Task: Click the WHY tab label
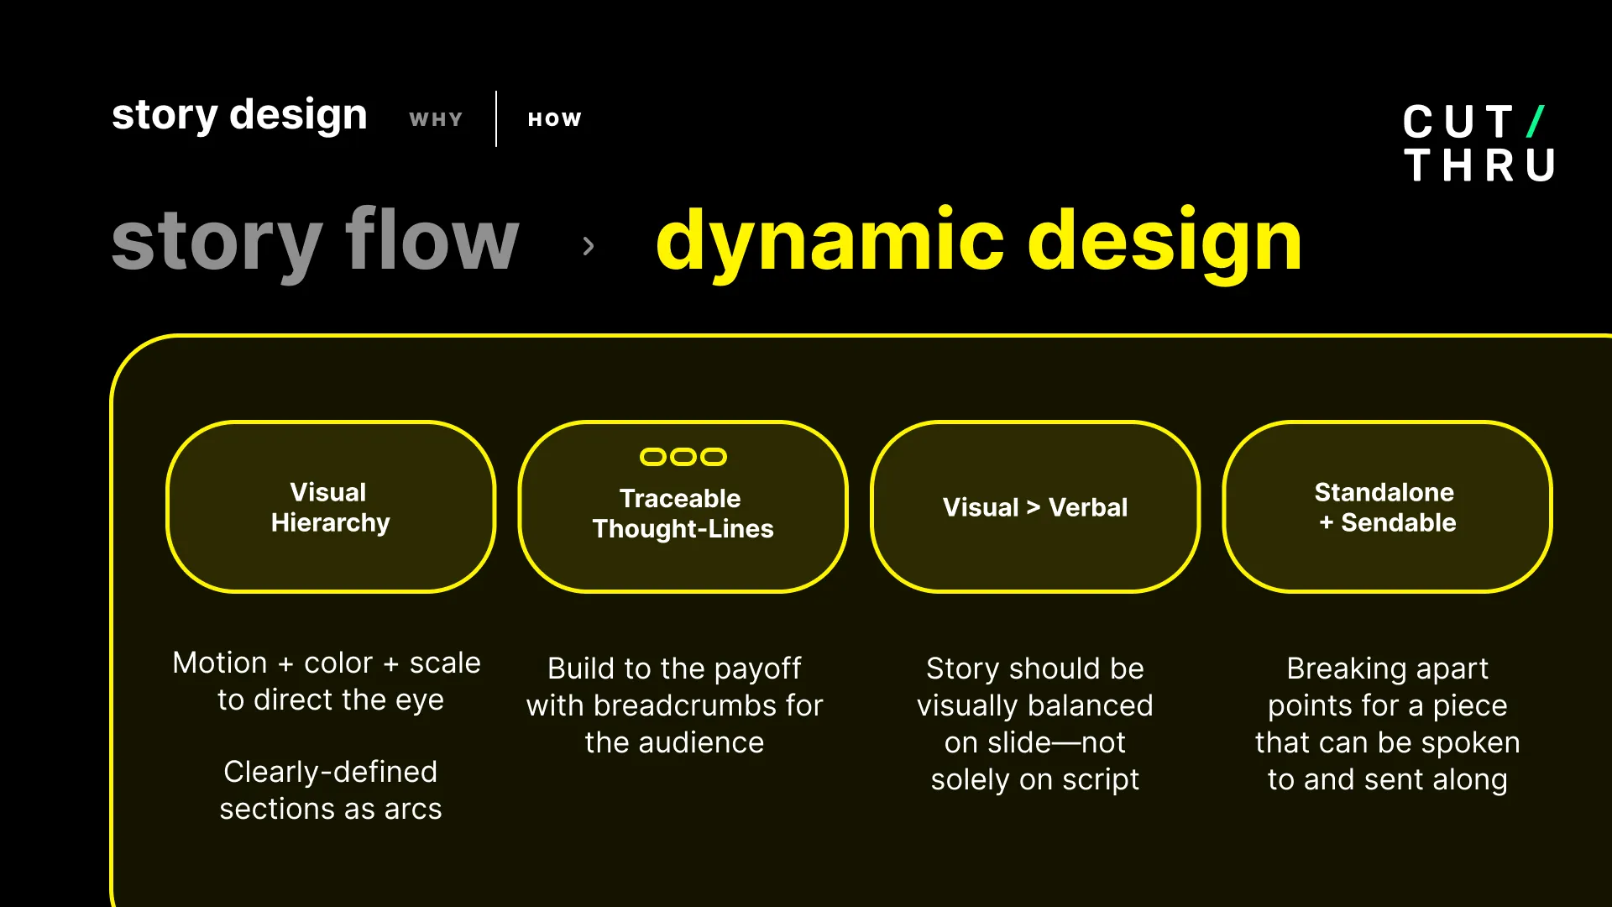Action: (436, 119)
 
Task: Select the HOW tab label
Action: (554, 119)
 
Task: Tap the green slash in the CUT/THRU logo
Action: (1536, 122)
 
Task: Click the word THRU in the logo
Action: (1479, 165)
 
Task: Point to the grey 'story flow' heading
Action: (315, 241)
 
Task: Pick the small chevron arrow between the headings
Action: (588, 246)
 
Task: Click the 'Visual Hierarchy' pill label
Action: (330, 507)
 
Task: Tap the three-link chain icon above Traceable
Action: (683, 457)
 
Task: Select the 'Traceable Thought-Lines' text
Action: (683, 513)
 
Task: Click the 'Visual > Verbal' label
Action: (1034, 507)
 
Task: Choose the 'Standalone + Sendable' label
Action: (1386, 507)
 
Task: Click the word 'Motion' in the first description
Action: (219, 663)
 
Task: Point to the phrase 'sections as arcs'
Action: (330, 809)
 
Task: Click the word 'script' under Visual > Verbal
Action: (1100, 779)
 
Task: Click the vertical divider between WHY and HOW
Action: (496, 119)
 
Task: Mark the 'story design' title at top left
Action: (239, 114)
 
